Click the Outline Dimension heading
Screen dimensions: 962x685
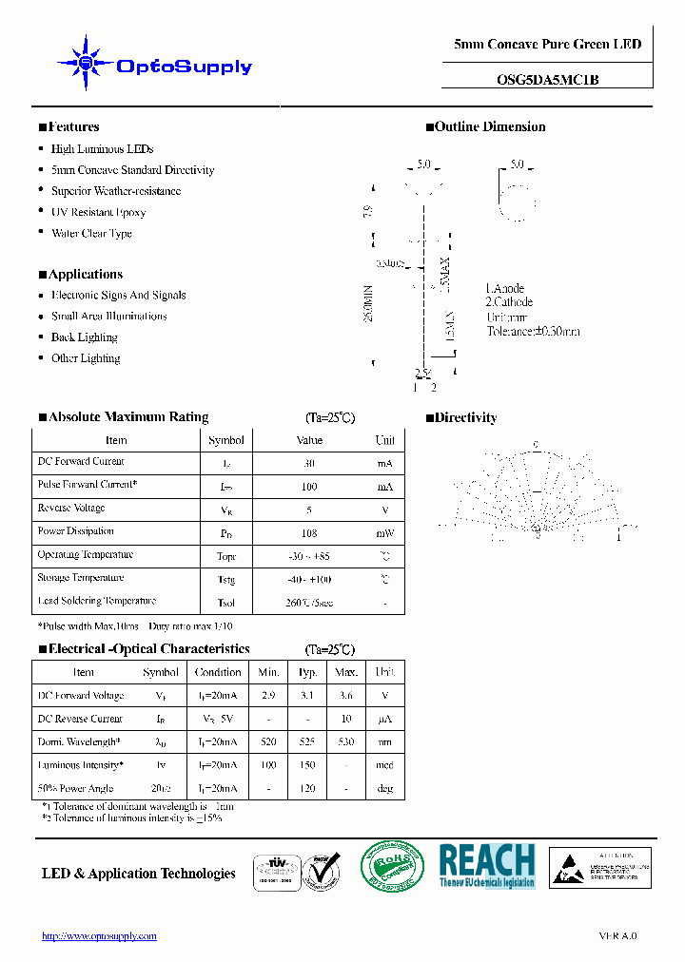click(x=490, y=126)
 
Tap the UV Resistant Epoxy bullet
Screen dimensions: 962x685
click(x=98, y=212)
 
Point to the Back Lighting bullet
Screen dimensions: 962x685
click(x=84, y=337)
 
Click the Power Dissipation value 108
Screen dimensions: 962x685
click(x=309, y=533)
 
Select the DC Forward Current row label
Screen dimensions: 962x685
click(x=81, y=462)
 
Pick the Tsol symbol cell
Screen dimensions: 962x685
click(x=226, y=603)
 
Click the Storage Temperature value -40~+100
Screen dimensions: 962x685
click(x=309, y=579)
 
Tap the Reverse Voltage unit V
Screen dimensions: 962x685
click(x=385, y=510)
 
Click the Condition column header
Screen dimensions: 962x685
click(x=218, y=672)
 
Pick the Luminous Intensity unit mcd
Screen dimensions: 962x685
click(x=384, y=766)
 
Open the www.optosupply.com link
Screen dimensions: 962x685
click(x=99, y=936)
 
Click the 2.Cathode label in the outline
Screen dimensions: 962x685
click(x=510, y=302)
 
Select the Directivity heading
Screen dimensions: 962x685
click(x=465, y=417)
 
